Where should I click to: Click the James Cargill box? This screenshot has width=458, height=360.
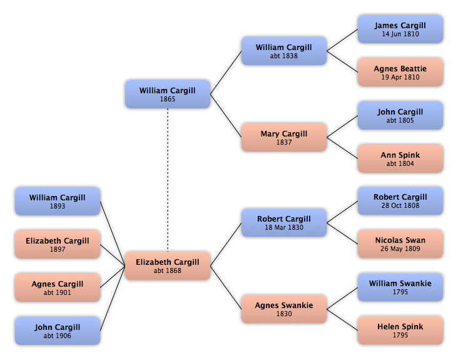click(x=400, y=29)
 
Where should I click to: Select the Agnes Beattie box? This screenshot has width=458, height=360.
click(x=400, y=72)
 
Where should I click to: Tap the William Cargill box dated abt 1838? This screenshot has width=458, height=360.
click(x=284, y=51)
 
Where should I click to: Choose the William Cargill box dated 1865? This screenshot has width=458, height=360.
click(x=168, y=94)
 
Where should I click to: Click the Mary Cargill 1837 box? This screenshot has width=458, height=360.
click(x=284, y=137)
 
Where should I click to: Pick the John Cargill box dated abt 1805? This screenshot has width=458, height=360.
click(x=400, y=115)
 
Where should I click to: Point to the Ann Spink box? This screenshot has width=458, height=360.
click(x=400, y=158)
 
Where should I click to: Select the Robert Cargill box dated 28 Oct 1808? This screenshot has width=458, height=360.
click(x=400, y=201)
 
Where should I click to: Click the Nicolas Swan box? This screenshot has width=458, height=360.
click(x=400, y=244)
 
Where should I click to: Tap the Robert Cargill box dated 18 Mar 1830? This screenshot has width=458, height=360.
click(x=284, y=223)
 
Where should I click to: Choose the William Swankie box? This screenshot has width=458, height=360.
click(x=400, y=287)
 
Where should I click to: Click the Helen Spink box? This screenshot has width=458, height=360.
click(x=400, y=330)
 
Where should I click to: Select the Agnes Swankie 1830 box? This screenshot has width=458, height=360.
click(x=284, y=309)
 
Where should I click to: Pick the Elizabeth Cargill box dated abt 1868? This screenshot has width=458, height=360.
click(x=168, y=266)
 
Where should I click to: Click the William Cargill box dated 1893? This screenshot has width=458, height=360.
click(x=58, y=202)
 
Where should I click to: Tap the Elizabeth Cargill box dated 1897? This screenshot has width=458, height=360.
click(x=58, y=244)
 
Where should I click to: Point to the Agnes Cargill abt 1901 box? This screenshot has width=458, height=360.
click(x=58, y=287)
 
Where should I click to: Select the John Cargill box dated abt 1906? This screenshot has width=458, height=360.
click(x=58, y=331)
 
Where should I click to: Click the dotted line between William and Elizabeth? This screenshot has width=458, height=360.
click(x=168, y=180)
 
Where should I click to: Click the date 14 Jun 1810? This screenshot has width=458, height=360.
click(x=400, y=34)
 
